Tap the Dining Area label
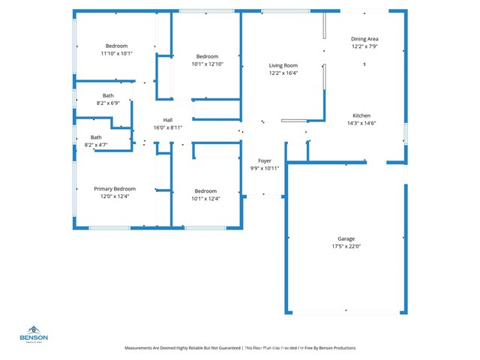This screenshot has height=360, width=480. pos(364,39)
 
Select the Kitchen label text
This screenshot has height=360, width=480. pos(361,115)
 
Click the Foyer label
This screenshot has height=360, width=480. pos(264,160)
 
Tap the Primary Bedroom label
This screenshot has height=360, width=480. pos(115,189)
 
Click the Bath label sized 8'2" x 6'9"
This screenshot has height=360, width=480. pos(108,95)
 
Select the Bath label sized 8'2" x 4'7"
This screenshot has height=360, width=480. pos(96,137)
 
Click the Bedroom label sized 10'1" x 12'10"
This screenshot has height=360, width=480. pos(207,57)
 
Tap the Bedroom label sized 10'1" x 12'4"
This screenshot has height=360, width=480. pos(205,191)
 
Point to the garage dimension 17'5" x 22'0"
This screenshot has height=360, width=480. pos(346,247)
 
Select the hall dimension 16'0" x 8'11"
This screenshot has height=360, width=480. pos(168,128)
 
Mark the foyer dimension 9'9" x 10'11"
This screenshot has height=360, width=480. pos(264,168)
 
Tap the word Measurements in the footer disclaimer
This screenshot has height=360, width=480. pos(142,348)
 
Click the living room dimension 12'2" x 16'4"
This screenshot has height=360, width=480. pos(283,73)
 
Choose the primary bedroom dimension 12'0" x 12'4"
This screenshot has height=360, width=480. pos(115,196)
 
